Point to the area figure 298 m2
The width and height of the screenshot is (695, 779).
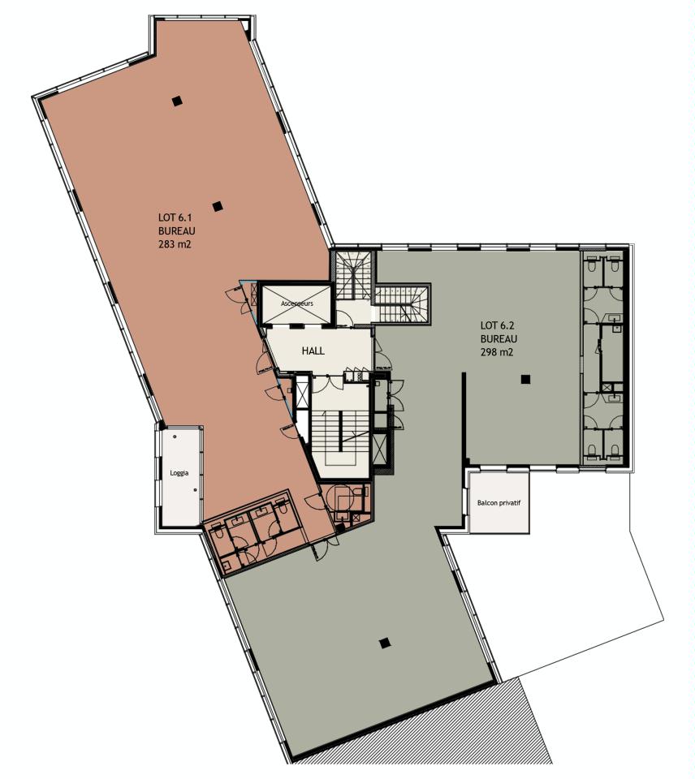[x=497, y=352]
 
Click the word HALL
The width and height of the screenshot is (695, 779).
[x=313, y=350]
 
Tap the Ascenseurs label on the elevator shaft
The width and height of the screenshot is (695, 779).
[x=297, y=303]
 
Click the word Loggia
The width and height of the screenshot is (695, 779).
[x=180, y=472]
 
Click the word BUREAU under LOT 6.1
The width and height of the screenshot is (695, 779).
[x=175, y=230]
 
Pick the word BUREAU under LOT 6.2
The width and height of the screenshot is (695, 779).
[x=498, y=338]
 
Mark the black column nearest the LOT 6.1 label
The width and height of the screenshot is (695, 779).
[x=217, y=206]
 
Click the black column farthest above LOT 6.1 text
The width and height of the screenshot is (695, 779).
[x=177, y=101]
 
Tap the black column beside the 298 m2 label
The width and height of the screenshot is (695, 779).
[x=526, y=378]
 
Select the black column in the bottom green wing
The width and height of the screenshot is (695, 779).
[x=385, y=643]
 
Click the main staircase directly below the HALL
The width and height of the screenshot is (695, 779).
[x=341, y=430]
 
